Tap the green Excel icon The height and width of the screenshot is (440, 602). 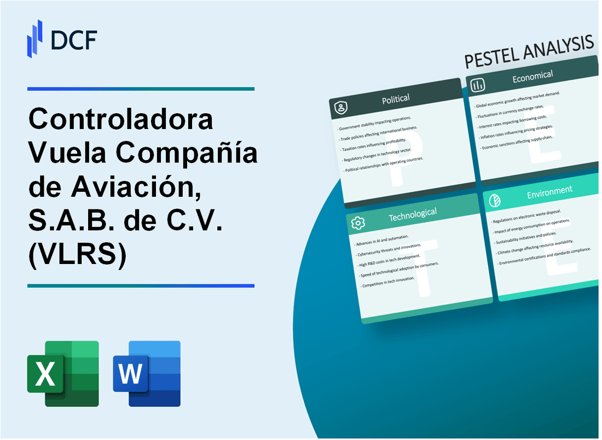click(63, 374)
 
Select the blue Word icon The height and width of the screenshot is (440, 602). click(147, 374)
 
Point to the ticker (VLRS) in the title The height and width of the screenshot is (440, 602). click(77, 255)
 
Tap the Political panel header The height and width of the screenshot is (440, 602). click(396, 99)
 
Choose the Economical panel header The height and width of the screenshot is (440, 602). click(532, 77)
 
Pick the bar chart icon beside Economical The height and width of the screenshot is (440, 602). click(478, 85)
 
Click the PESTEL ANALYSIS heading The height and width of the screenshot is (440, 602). click(529, 50)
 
